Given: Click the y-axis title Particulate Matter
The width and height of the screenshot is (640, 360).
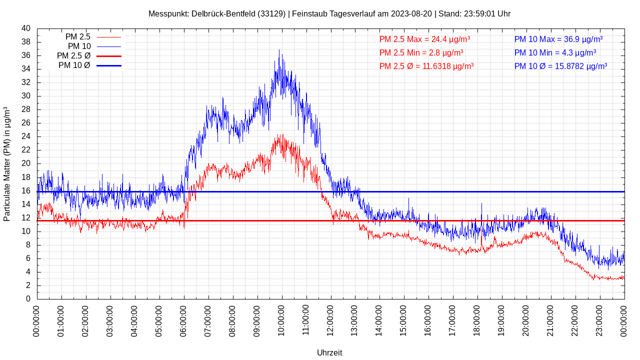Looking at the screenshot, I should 7,163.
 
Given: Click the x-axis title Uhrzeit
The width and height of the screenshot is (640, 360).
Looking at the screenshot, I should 329,352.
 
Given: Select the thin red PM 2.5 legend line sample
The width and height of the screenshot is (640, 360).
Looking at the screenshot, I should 109,37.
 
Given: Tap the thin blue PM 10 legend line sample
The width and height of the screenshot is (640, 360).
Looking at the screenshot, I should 109,46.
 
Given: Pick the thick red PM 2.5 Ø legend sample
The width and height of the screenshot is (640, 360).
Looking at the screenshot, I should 109,56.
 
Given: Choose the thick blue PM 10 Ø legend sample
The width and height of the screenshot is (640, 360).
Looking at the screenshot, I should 109,65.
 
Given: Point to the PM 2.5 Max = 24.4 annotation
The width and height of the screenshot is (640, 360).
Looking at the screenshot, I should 424,39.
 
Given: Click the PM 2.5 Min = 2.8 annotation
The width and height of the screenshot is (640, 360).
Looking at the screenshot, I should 421,52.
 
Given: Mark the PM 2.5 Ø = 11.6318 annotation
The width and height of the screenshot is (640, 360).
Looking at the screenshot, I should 426,66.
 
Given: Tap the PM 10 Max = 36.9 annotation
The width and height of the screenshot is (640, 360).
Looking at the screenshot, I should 558,39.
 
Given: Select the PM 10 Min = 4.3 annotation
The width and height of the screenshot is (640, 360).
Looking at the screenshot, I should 555,52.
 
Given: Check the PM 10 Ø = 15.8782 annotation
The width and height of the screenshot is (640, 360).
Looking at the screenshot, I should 560,66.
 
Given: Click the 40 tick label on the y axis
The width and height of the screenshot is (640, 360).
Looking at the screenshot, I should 26,28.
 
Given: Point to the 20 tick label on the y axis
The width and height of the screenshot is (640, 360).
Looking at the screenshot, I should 26,163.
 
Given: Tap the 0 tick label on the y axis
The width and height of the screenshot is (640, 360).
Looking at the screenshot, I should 28,299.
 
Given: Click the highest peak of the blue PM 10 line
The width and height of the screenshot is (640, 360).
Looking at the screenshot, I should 279,50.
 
